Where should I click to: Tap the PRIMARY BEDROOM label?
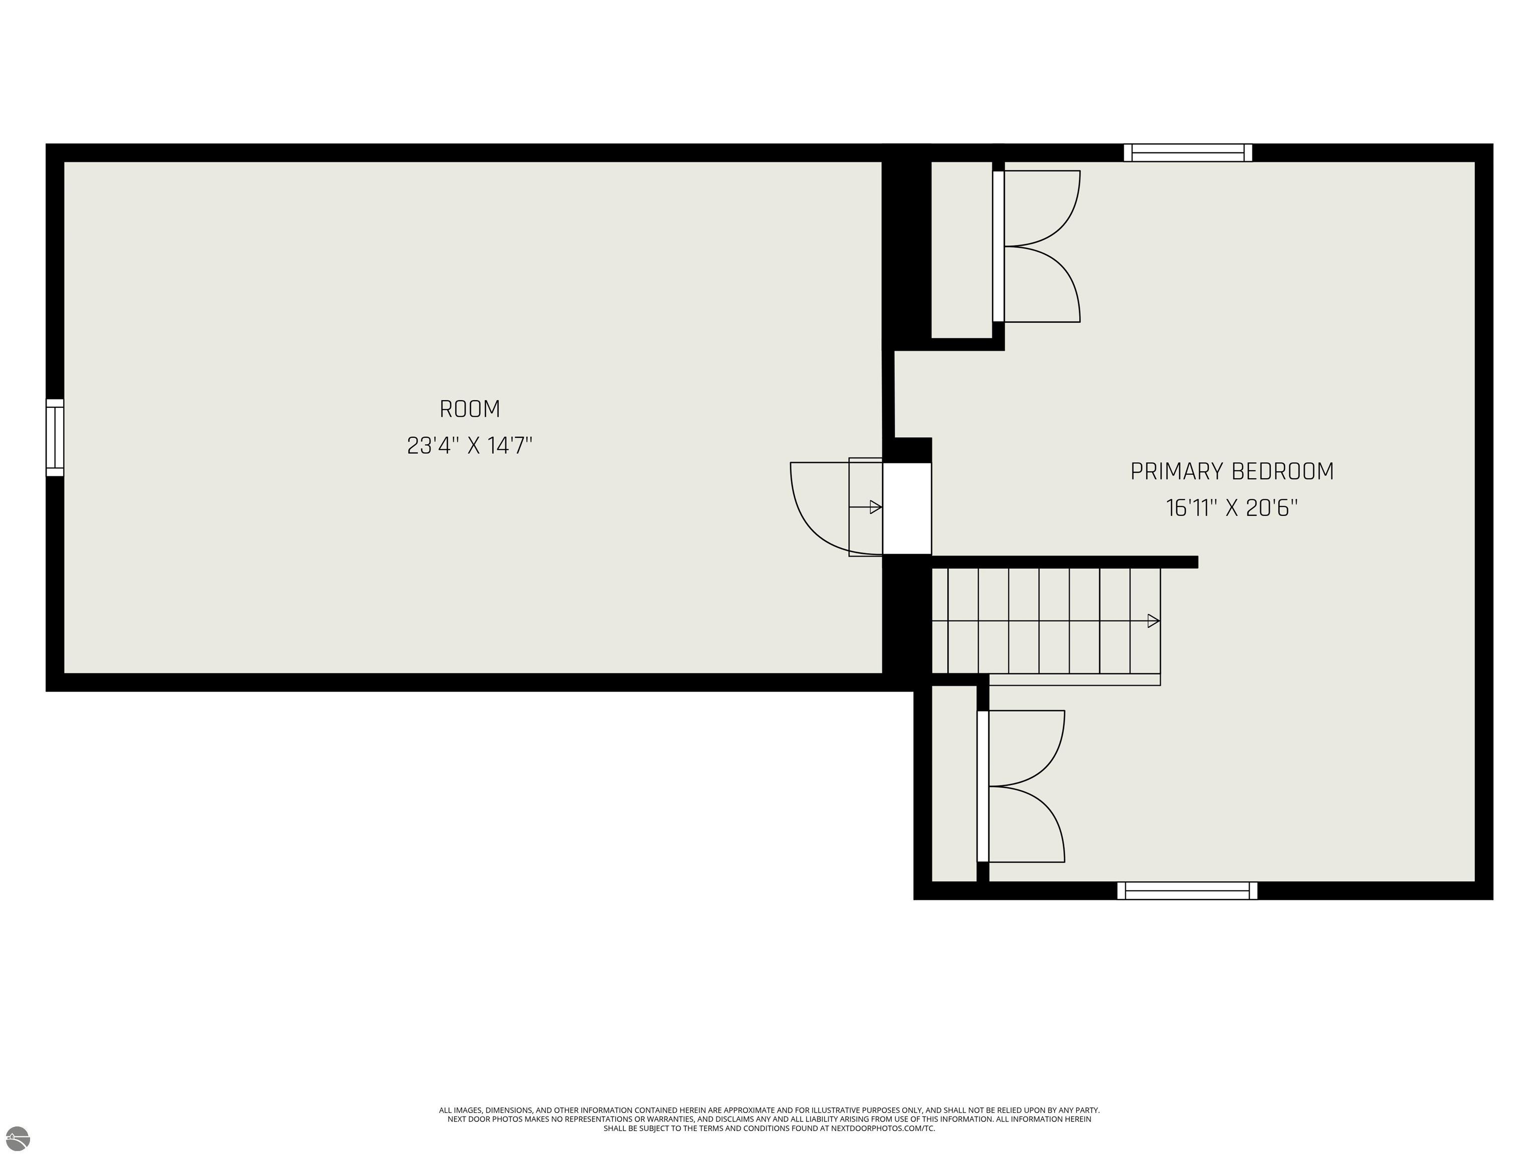coord(1231,472)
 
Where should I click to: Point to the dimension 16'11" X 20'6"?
coord(1231,508)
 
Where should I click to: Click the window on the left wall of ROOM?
coord(55,438)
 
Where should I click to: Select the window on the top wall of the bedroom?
coord(1188,152)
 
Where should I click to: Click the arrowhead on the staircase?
coord(1153,621)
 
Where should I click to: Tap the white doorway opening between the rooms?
coord(907,508)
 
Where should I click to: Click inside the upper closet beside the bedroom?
coord(961,250)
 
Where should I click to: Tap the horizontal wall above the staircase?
coord(1065,562)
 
